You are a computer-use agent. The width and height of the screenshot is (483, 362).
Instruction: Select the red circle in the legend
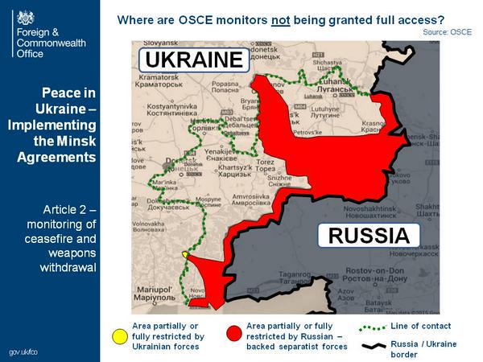point(234,331)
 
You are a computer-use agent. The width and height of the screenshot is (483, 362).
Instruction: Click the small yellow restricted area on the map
point(187,254)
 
